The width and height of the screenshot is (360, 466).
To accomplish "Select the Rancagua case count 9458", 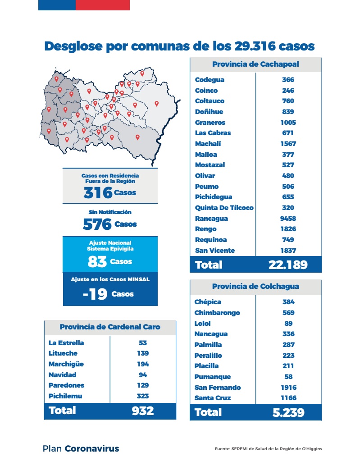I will [x=288, y=219].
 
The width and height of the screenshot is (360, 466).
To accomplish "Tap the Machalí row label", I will [x=208, y=144].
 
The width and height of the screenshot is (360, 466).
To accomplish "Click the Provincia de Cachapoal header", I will [x=255, y=64].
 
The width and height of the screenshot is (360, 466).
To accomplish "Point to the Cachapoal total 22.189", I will [x=288, y=265].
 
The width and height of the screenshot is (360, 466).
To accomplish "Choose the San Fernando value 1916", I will [x=288, y=388].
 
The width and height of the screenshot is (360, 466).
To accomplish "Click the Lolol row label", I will [x=202, y=324].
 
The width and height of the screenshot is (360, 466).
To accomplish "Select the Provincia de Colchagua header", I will [x=255, y=287].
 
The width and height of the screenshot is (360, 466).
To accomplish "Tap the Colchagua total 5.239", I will [x=288, y=412].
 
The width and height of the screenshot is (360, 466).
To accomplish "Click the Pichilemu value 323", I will [x=143, y=396].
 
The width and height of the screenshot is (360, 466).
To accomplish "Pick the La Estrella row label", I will [x=66, y=343].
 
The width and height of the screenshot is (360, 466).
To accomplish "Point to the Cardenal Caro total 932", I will [x=143, y=411].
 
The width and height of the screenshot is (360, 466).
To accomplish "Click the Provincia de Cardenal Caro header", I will [x=110, y=327].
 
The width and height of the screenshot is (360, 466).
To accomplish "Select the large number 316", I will [x=98, y=193].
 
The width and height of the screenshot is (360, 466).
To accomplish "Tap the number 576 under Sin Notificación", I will [x=97, y=224].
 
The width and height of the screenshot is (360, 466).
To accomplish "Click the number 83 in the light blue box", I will [x=97, y=261].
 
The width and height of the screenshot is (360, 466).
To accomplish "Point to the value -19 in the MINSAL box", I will [x=95, y=294].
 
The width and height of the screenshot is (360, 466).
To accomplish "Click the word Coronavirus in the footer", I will [x=92, y=448].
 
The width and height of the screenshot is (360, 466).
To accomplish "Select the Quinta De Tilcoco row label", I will [x=224, y=208].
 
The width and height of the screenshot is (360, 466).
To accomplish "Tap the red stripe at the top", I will [x=102, y=5].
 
